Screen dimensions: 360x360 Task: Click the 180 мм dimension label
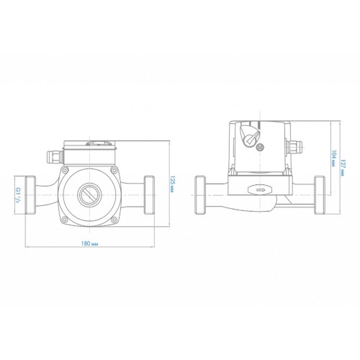(x=89, y=243)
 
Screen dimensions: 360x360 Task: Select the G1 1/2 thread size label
(x=18, y=194)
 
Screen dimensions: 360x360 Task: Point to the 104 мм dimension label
(x=333, y=158)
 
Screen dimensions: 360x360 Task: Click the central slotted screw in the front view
(x=89, y=195)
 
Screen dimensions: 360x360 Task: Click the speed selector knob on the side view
(x=249, y=135)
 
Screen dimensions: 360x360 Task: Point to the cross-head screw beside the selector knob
(x=260, y=147)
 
